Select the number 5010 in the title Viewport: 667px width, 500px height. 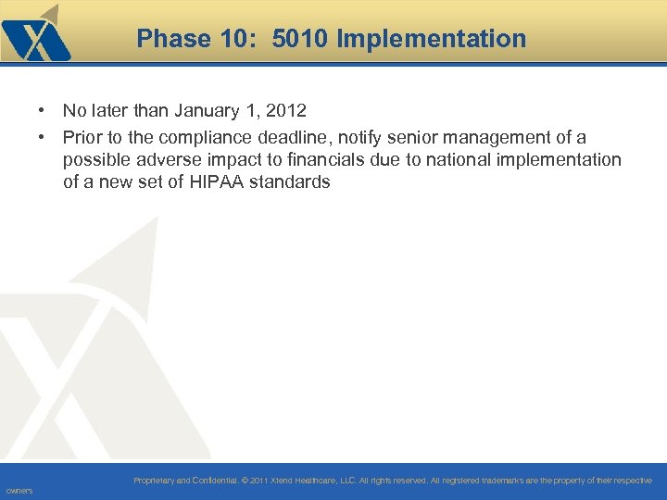pos(302,39)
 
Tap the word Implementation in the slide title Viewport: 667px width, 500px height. pos(432,39)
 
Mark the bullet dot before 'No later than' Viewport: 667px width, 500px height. pos(44,111)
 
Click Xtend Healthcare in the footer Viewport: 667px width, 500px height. pos(300,481)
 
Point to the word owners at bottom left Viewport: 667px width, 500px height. pos(19,491)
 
